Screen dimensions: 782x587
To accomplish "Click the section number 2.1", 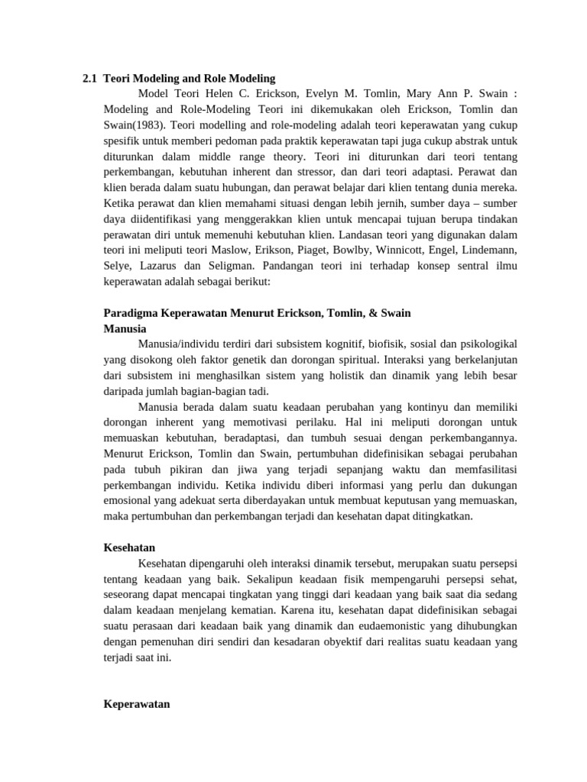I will click(90, 78).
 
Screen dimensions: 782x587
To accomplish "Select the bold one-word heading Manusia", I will click(125, 328).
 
